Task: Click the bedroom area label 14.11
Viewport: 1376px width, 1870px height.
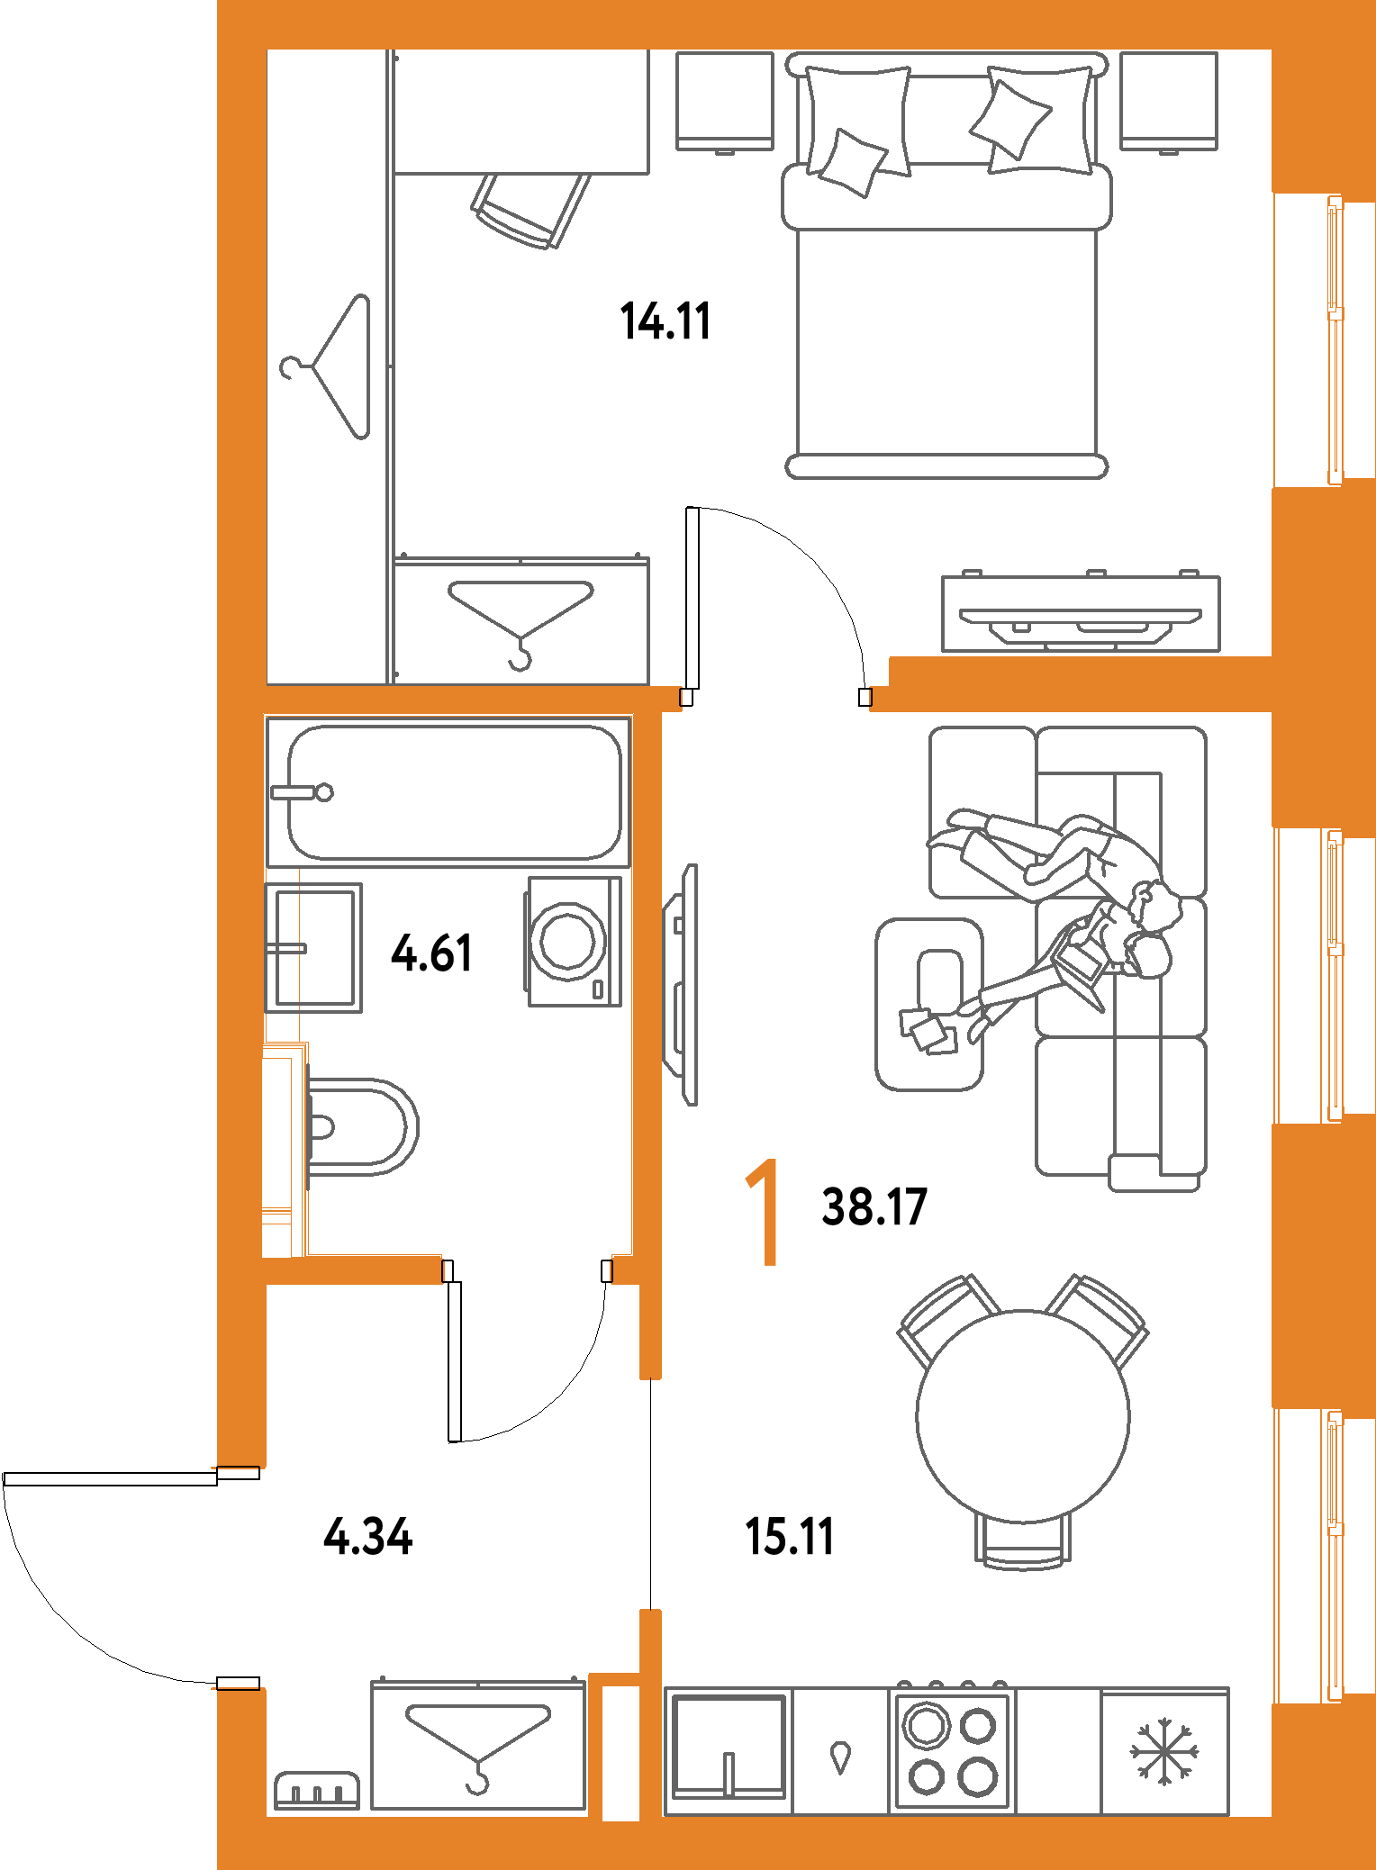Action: tap(665, 321)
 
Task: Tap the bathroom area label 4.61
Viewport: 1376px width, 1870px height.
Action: tap(431, 953)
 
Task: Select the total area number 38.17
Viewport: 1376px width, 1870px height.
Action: tap(874, 1206)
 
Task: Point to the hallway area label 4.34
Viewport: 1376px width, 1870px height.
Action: tap(367, 1536)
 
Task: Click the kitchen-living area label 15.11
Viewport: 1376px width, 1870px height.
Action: tap(790, 1536)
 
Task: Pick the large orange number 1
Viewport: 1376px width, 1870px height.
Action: tap(764, 1212)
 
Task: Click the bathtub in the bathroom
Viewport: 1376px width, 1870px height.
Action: tap(455, 792)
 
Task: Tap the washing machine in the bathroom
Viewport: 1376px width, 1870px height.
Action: tap(574, 941)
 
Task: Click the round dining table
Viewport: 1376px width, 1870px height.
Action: tap(1023, 1415)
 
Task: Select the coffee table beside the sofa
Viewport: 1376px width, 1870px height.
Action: tap(929, 1004)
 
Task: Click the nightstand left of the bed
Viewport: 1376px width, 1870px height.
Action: tap(725, 101)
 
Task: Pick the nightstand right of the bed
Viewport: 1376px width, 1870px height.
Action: tap(1168, 101)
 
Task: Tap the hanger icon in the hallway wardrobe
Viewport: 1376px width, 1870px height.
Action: tap(477, 1748)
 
